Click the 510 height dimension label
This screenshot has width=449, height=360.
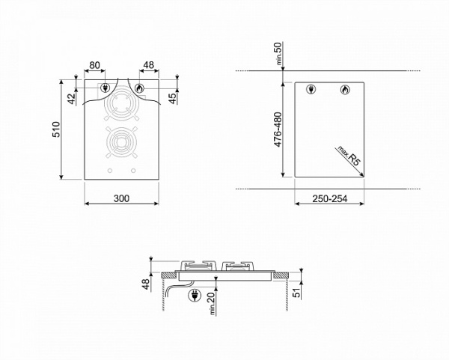point(56,129)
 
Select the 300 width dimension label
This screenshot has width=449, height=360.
point(121,198)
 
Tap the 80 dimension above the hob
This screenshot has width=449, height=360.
point(94,65)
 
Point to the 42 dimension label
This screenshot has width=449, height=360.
point(71,99)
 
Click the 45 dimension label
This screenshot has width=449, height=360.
point(173,99)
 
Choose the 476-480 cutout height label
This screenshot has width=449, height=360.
point(278,129)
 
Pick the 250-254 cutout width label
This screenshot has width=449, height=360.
point(329,198)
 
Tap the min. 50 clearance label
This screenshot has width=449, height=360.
point(278,53)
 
